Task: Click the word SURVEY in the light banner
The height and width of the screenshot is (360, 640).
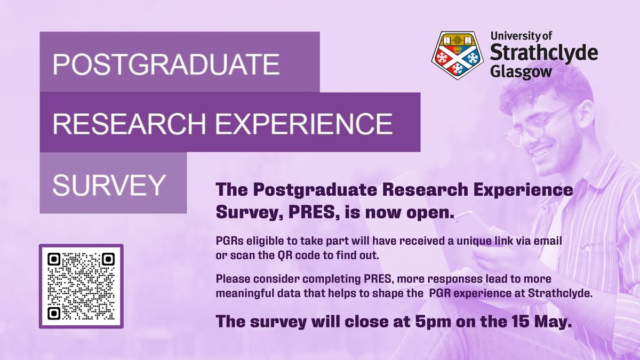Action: point(109,184)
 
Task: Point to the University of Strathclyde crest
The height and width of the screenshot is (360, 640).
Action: point(457,55)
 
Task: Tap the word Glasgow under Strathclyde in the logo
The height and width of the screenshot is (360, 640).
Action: point(520,71)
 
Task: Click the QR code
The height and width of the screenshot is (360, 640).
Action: point(81,286)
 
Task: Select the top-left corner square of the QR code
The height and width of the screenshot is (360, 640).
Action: point(54,259)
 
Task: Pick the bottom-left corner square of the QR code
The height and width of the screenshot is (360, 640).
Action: point(54,313)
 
